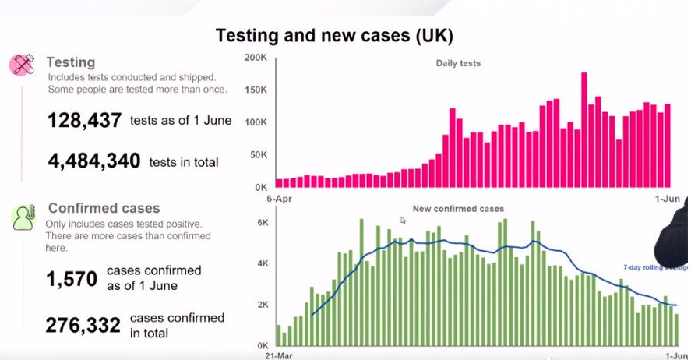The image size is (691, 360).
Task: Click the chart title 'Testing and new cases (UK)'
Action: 333,36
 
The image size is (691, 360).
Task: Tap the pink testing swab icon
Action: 23,65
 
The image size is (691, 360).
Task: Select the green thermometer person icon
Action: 23,217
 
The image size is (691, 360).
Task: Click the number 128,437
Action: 84,121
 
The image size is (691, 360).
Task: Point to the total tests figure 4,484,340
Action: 93,161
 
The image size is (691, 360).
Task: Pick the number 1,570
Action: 71,278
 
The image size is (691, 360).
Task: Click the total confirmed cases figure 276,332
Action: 83,324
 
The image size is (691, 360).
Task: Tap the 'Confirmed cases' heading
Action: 104,208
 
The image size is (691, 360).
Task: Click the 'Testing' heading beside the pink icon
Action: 70,62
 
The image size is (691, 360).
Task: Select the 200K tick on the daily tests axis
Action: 256,58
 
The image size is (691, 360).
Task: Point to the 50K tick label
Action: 259,156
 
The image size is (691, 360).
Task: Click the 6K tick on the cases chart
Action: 263,223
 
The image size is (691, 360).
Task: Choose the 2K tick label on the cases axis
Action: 263,304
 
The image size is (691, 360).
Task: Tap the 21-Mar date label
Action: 278,354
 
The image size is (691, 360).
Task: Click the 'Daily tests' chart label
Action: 458,63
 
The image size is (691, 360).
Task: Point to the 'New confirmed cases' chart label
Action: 458,209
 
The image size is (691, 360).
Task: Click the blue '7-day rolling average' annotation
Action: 654,268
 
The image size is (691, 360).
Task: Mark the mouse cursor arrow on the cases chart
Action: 404,221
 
